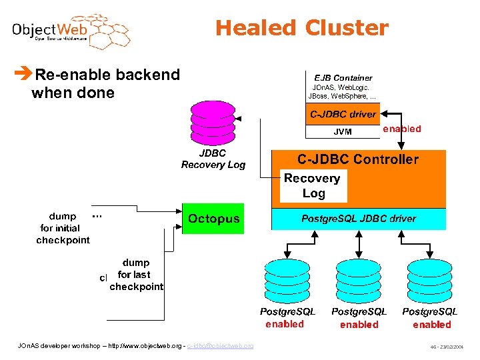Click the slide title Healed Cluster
pos(301,28)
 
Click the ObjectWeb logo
pos(70,31)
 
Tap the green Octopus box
pos(213,219)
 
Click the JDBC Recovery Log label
pos(213,159)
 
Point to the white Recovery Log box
pos(313,186)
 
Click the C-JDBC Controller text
pos(358,159)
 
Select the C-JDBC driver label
pos(343,115)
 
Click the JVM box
pos(343,132)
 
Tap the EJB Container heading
pos(343,78)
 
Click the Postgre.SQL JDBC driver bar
pos(358,219)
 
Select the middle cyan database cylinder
pos(359,279)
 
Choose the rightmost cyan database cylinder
pos(430,279)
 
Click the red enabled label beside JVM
pos(401,129)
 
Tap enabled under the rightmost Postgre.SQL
pos(431,325)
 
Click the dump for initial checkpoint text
pos(63,229)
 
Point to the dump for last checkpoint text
pos(136,275)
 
